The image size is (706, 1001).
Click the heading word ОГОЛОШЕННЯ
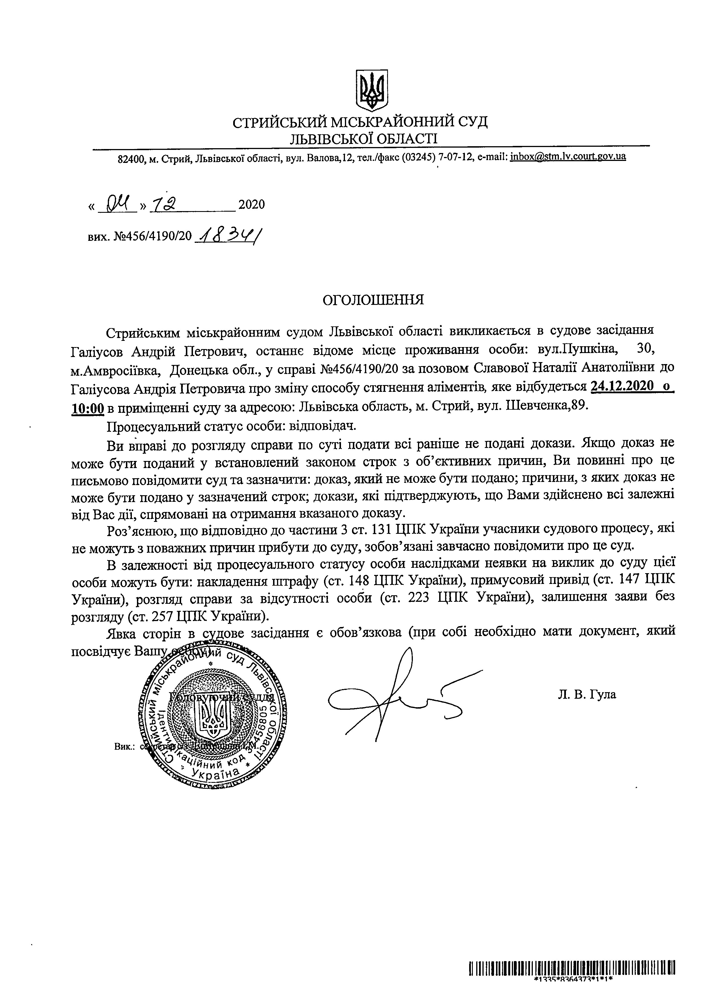(x=372, y=300)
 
